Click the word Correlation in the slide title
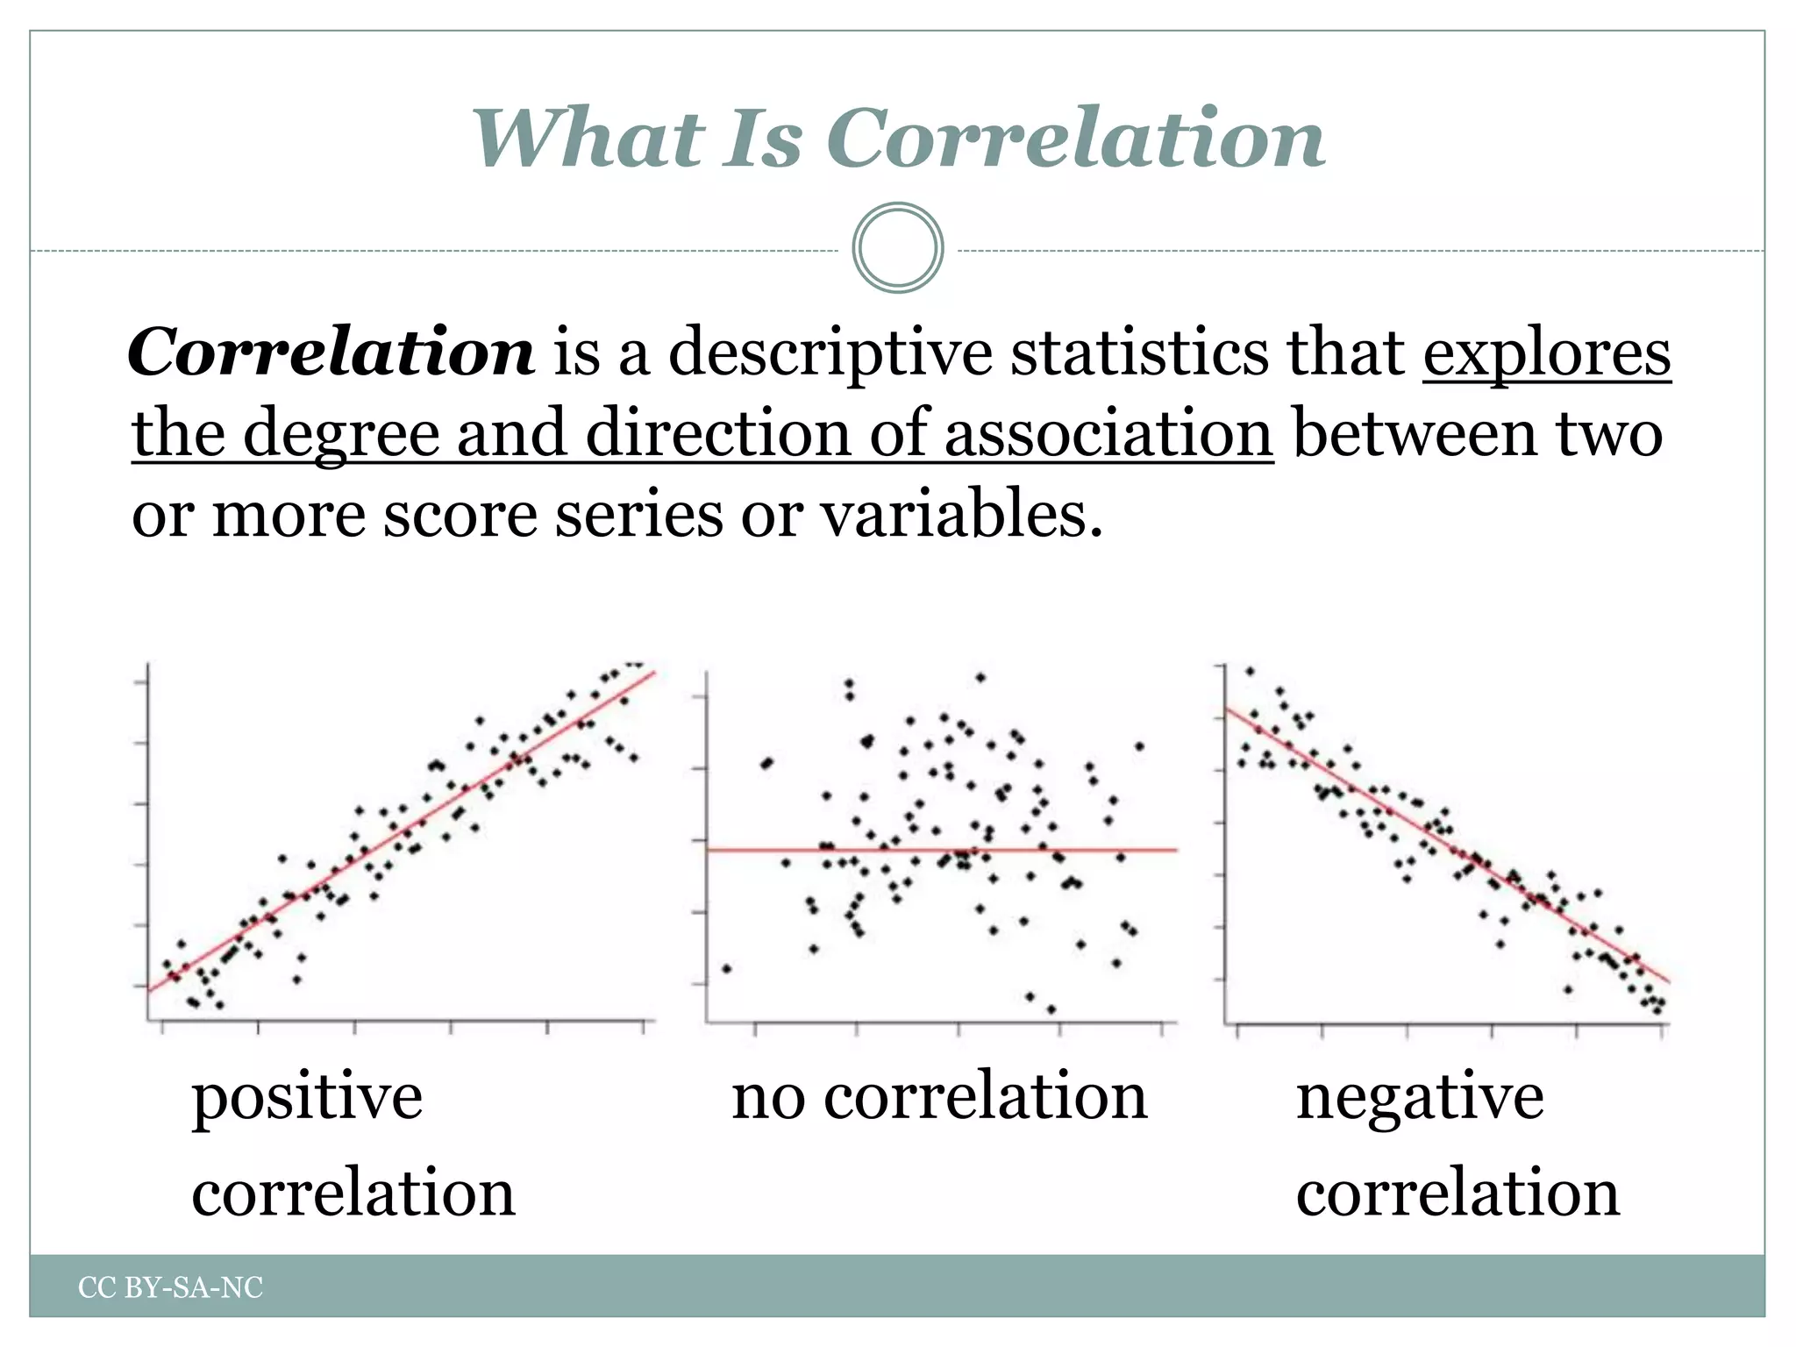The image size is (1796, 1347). (x=1075, y=139)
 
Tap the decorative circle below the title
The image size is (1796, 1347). (x=898, y=248)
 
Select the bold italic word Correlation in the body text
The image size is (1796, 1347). (x=331, y=353)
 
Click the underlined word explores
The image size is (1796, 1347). (x=1547, y=353)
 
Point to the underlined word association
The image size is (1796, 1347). (x=1108, y=433)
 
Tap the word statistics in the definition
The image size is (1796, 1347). (x=1140, y=353)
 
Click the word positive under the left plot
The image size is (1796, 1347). (x=307, y=1098)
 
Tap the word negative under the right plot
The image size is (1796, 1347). (x=1420, y=1098)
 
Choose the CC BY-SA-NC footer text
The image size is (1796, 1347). (x=171, y=1287)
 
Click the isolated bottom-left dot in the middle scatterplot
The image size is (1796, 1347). (x=726, y=969)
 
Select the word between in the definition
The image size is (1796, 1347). (x=1414, y=433)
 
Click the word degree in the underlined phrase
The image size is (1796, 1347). (x=340, y=435)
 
